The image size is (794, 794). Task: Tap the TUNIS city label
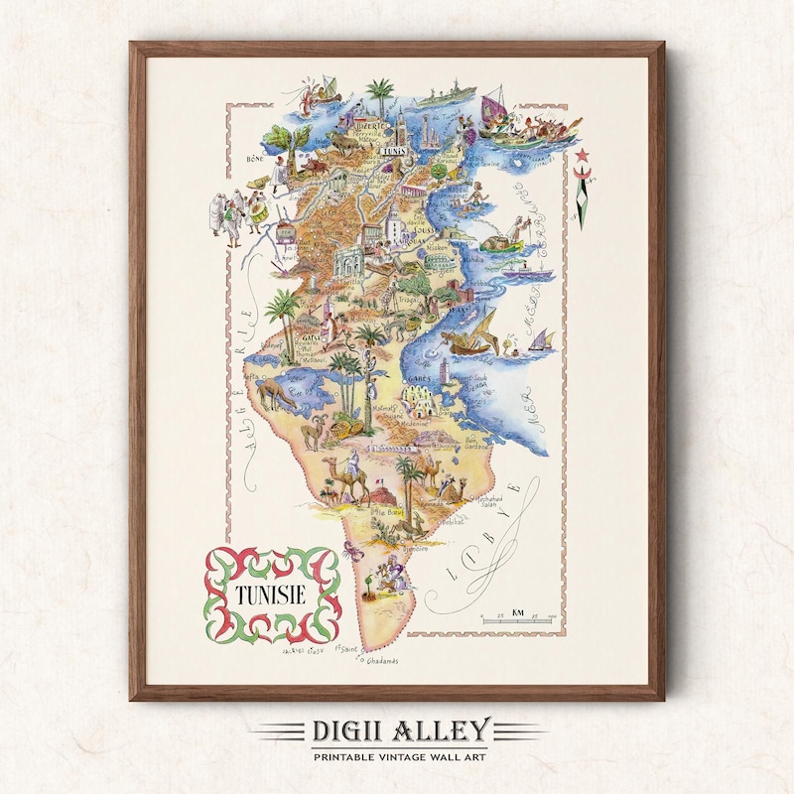click(393, 153)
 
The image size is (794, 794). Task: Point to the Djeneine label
click(414, 547)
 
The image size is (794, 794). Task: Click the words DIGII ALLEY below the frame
click(397, 731)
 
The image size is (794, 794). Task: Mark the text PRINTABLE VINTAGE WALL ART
click(397, 758)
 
